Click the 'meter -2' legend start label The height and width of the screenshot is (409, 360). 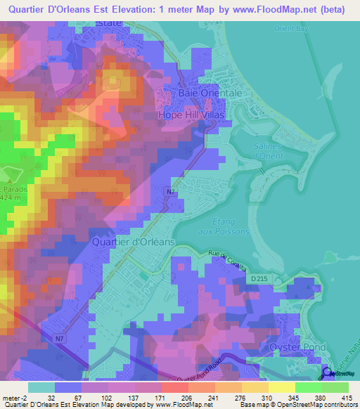click(x=13, y=397)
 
